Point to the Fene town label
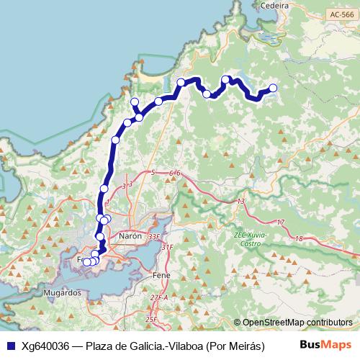[x=162, y=275]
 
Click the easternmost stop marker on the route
[x=273, y=89]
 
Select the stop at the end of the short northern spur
[x=135, y=102]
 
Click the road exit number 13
[x=240, y=201]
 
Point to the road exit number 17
[x=281, y=222]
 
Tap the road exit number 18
[x=299, y=238]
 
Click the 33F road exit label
[x=153, y=236]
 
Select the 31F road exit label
[x=167, y=247]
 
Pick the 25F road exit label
[x=150, y=319]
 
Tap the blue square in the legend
[x=10, y=346]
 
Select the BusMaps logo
[x=325, y=345]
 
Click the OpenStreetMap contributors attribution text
[x=298, y=323]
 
